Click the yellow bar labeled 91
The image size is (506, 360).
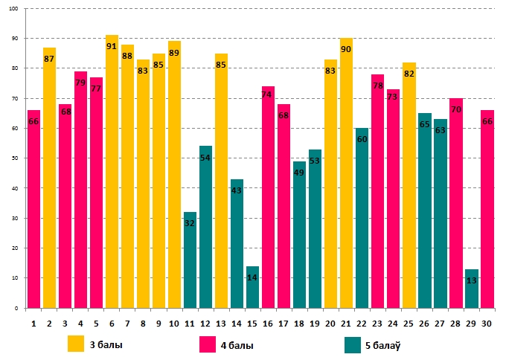tap(112, 171)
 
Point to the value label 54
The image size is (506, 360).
tap(205, 158)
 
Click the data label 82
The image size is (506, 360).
tap(409, 74)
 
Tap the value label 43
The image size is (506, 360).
tap(237, 190)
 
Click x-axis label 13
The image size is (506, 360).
tap(221, 324)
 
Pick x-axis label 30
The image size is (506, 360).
tap(487, 324)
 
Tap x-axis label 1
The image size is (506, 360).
tap(33, 324)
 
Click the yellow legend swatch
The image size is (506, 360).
tap(76, 344)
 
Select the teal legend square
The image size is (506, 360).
tap(353, 344)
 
